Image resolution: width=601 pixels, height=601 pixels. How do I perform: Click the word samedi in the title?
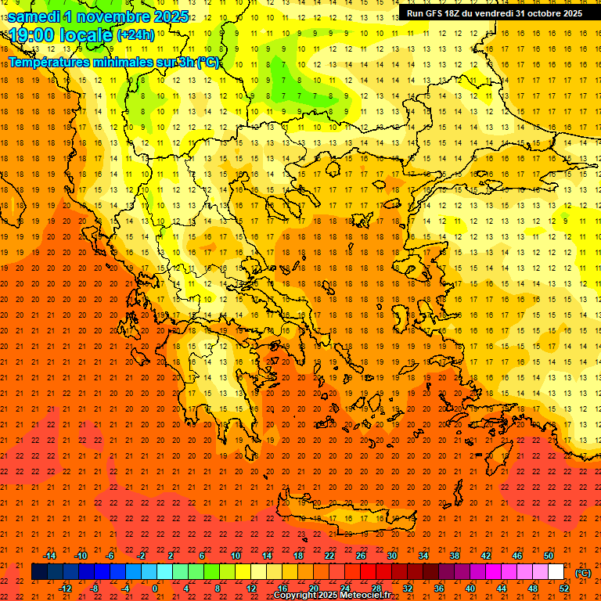click(35, 16)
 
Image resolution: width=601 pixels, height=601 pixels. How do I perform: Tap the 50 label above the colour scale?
click(549, 556)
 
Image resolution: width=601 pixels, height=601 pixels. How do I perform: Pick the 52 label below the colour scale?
click(563, 588)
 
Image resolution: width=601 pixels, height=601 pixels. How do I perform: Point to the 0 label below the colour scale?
click(155, 588)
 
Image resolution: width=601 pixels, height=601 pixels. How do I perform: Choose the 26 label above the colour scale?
click(361, 556)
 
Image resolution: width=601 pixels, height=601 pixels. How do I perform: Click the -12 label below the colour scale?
click(65, 588)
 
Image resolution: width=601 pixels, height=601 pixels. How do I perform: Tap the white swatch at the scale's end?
click(556, 572)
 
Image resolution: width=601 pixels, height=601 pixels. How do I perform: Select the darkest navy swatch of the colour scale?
click(39, 572)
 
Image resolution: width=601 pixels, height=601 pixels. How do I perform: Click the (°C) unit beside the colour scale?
click(582, 573)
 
